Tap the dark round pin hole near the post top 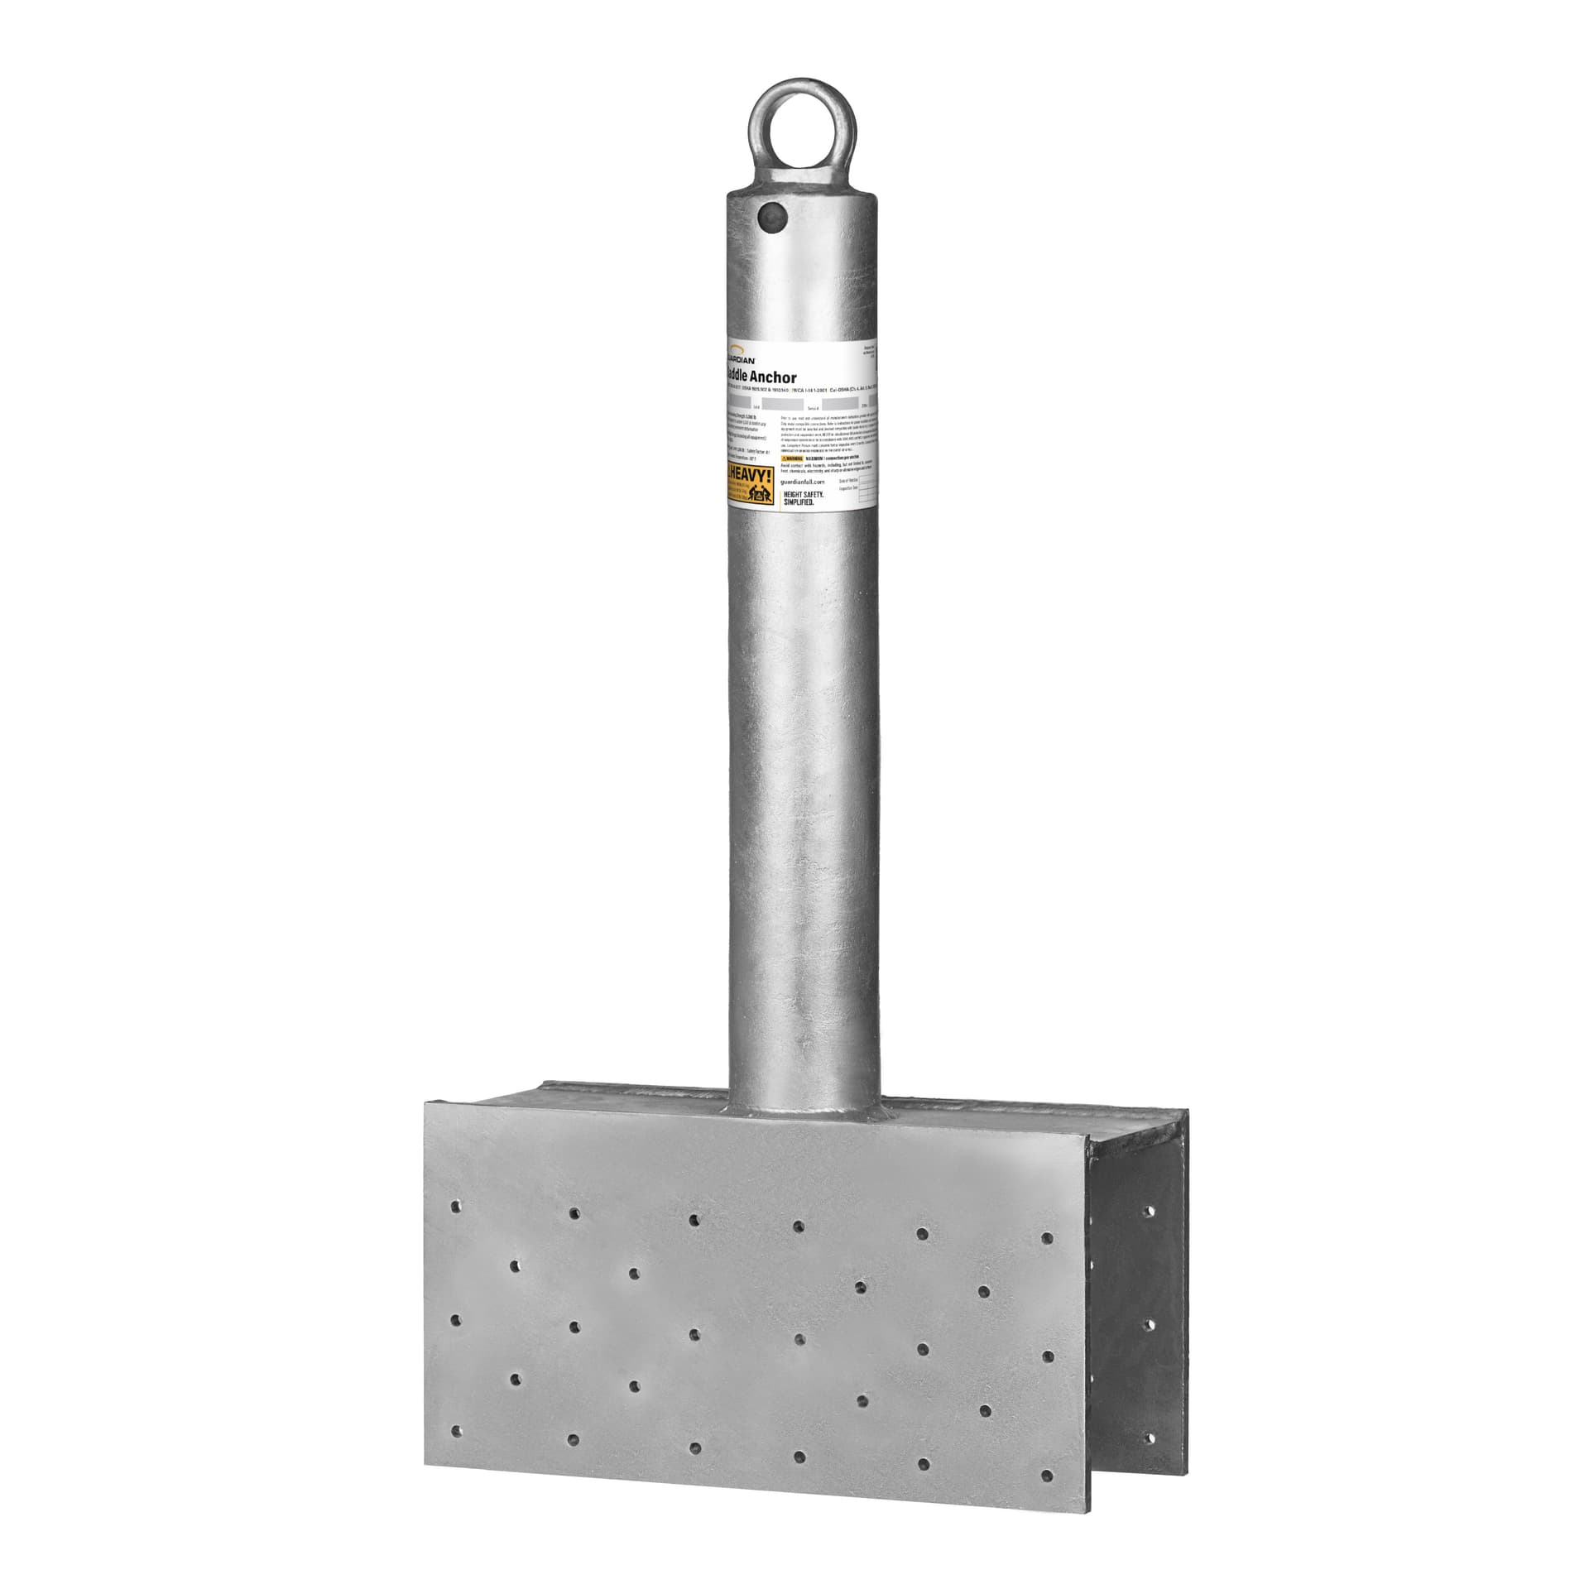coord(772,218)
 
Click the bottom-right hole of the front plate coord(1049,1476)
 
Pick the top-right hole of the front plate coord(1047,1239)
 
